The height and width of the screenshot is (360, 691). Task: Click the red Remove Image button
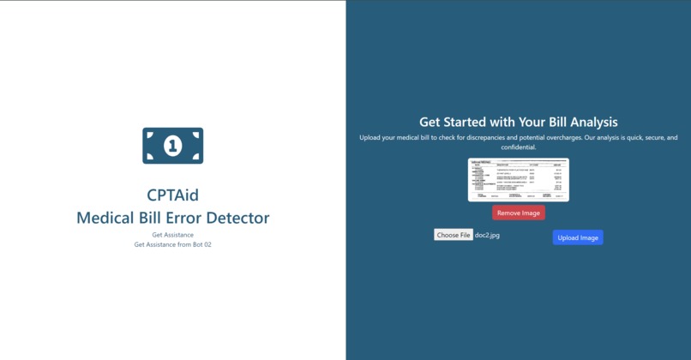coord(518,213)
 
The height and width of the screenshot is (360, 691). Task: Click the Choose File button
coord(453,235)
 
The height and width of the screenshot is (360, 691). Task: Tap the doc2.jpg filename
coord(487,235)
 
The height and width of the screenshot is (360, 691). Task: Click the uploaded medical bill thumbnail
coord(518,180)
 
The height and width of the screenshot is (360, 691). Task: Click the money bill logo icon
coord(172,146)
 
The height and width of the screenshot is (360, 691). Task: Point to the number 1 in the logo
coord(172,146)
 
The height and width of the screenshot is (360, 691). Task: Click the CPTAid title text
coord(172,195)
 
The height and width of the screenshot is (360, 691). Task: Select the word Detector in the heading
coord(236,218)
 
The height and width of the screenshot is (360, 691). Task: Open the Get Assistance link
coord(172,235)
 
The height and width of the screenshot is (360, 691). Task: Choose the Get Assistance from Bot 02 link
coord(172,244)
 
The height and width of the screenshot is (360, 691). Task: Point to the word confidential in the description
coord(518,147)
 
